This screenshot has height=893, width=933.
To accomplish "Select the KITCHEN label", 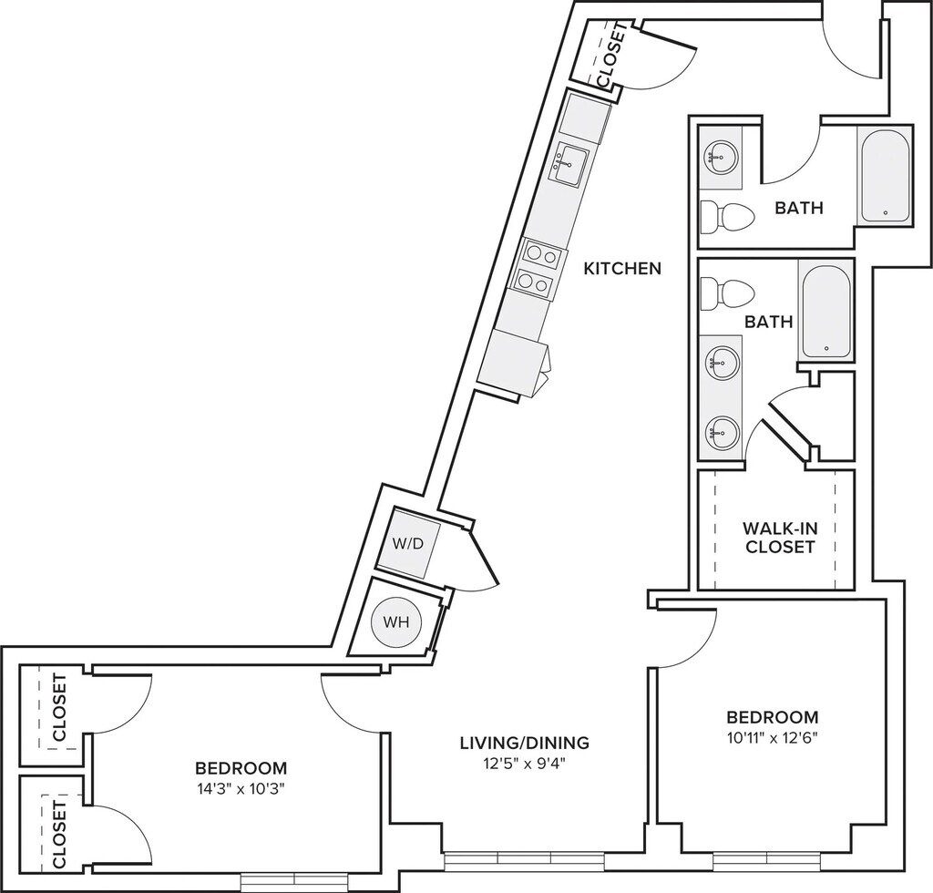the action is tap(622, 269).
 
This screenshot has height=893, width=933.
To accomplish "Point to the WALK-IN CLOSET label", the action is tap(778, 538).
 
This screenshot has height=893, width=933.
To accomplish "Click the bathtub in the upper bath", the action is tap(885, 175).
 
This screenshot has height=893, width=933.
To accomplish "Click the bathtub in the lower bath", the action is tap(825, 309).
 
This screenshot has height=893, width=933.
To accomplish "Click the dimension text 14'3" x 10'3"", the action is tap(241, 789).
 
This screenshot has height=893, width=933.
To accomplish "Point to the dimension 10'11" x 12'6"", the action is tap(773, 739).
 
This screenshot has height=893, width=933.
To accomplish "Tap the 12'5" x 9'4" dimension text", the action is tap(524, 765).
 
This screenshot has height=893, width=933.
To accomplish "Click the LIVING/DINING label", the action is tap(524, 743).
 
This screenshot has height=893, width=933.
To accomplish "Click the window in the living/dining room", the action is tap(524, 858).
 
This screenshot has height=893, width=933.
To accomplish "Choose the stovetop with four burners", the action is tap(535, 269).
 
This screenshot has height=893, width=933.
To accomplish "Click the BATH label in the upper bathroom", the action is tap(798, 208).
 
